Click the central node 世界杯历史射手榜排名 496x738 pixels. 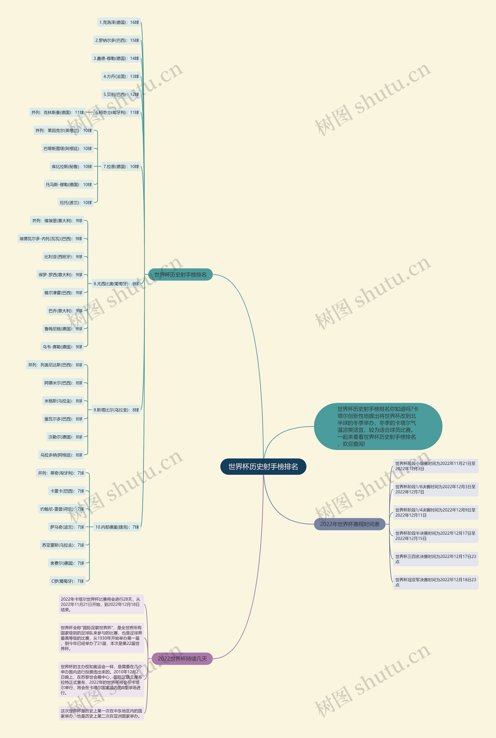click(263, 467)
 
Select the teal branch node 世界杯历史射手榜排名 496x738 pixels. click(180, 275)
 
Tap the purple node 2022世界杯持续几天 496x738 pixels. click(182, 659)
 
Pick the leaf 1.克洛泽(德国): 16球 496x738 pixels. click(119, 22)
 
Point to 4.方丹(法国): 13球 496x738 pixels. click(121, 77)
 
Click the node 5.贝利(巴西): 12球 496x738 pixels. click(121, 95)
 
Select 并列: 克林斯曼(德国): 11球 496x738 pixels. click(58, 113)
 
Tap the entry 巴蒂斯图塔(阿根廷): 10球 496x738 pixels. click(68, 149)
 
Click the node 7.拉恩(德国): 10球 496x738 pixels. click(121, 167)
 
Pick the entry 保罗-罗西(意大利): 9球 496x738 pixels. click(60, 275)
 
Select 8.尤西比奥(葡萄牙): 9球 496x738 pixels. click(116, 284)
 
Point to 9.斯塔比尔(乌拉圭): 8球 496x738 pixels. click(116, 410)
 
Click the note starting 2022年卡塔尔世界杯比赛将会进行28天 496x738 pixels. click(101, 604)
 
